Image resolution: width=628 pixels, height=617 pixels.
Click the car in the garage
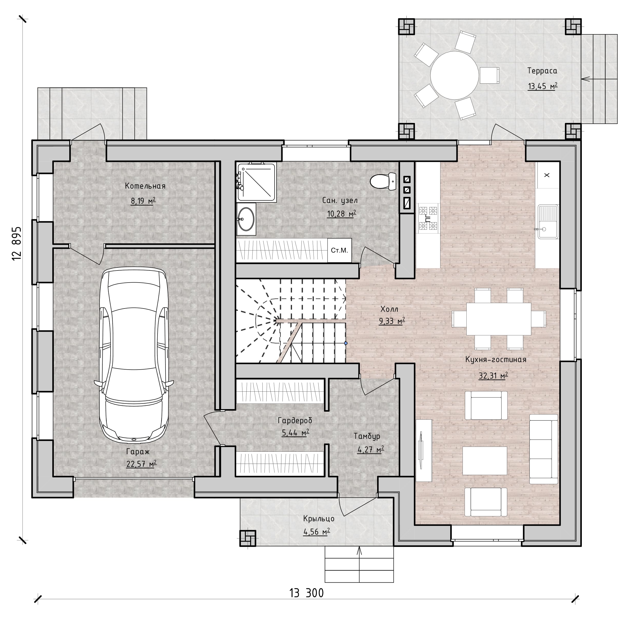coord(134,356)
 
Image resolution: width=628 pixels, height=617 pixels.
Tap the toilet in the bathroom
coord(383,181)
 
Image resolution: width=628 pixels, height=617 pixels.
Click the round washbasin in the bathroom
coord(246,219)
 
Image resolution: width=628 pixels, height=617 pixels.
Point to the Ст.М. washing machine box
coord(339,250)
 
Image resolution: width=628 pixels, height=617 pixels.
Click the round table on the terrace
coord(454,75)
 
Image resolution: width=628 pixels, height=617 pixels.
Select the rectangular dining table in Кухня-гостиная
coord(498,319)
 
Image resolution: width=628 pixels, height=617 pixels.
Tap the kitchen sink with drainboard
coord(548,222)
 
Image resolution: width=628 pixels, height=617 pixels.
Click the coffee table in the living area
coord(485,460)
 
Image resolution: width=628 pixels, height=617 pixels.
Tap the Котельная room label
coord(145,186)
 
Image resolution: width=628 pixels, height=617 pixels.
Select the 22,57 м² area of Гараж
coord(141,464)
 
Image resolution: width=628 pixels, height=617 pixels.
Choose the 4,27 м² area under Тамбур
coord(370,449)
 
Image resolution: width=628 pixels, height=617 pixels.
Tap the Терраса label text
coord(542,71)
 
